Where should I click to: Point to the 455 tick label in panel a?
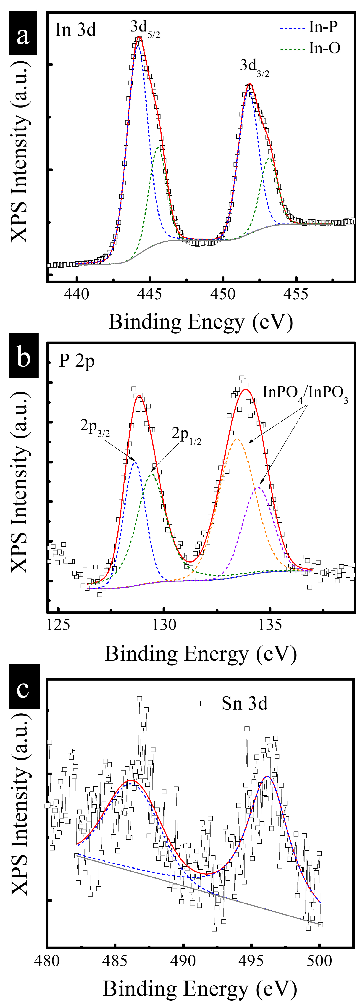296,294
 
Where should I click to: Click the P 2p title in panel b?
77,361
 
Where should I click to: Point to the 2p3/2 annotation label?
95,427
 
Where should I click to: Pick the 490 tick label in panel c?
183,960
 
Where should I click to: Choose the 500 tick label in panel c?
319,960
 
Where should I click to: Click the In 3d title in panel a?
76,30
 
